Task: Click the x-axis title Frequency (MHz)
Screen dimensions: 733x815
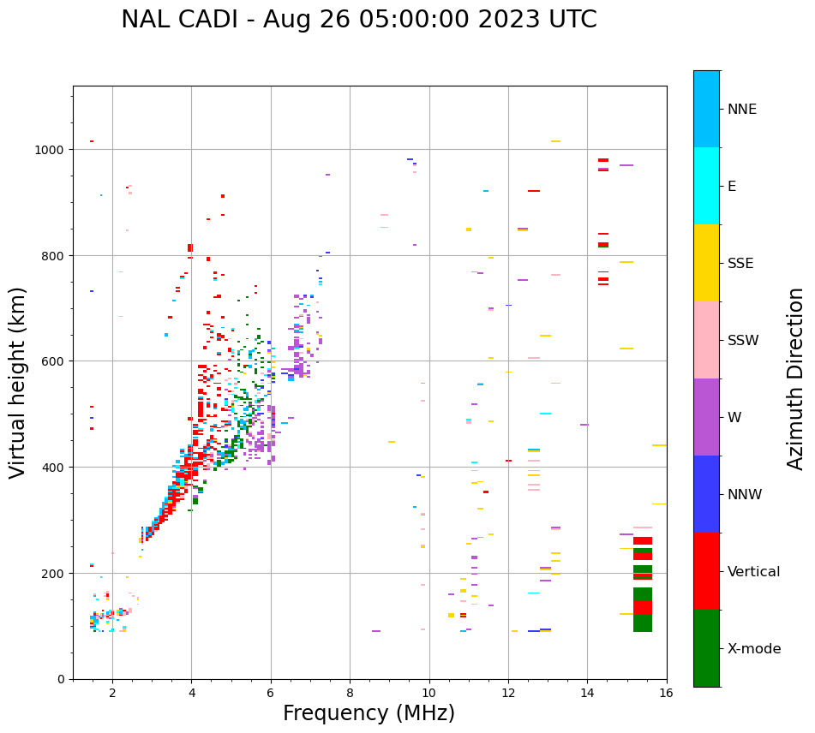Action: tap(369, 713)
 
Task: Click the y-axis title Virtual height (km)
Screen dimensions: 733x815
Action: tap(18, 382)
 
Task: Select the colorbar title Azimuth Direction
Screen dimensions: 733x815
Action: tap(796, 378)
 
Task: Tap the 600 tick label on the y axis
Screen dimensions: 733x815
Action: tap(52, 361)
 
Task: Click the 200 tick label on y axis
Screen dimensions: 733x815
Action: tap(52, 574)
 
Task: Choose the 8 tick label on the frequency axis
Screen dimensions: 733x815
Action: tap(350, 694)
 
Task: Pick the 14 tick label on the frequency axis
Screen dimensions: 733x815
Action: tap(587, 694)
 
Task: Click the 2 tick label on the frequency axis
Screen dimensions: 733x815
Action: tap(112, 694)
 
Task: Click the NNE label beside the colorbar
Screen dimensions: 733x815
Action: tap(742, 110)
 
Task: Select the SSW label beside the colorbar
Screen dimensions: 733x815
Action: tap(743, 341)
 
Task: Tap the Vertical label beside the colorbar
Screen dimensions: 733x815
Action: tap(754, 572)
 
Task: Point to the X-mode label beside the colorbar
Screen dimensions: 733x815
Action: tap(754, 649)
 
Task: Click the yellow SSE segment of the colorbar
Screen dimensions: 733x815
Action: tap(706, 263)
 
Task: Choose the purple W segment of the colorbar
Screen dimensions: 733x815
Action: tap(706, 417)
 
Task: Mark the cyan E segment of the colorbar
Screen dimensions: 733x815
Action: tap(706, 186)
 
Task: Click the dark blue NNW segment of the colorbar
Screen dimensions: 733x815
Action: tap(706, 494)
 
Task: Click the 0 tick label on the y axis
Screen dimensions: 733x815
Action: tap(61, 679)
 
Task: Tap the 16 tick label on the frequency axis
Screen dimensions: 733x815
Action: tap(666, 694)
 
